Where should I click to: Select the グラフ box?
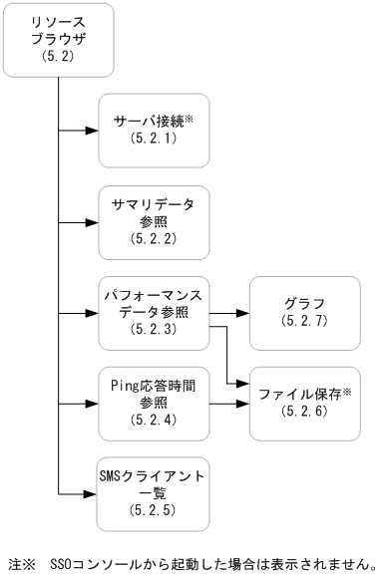[x=305, y=312]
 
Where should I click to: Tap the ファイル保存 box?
[x=305, y=403]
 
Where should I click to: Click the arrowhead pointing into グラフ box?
[x=243, y=312]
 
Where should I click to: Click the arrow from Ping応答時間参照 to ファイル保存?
[x=229, y=404]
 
